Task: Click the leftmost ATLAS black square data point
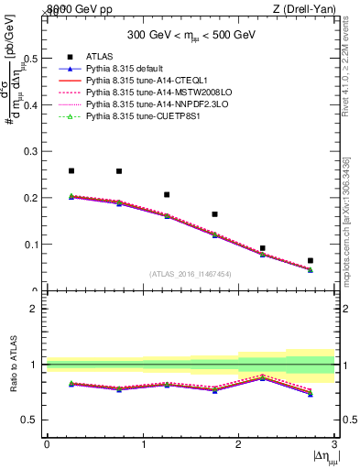(71, 170)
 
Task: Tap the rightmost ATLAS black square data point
(311, 261)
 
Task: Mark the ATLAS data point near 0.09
(263, 248)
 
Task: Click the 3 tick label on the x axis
(334, 444)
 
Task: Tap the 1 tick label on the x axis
(143, 444)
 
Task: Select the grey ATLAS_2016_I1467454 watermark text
(191, 273)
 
